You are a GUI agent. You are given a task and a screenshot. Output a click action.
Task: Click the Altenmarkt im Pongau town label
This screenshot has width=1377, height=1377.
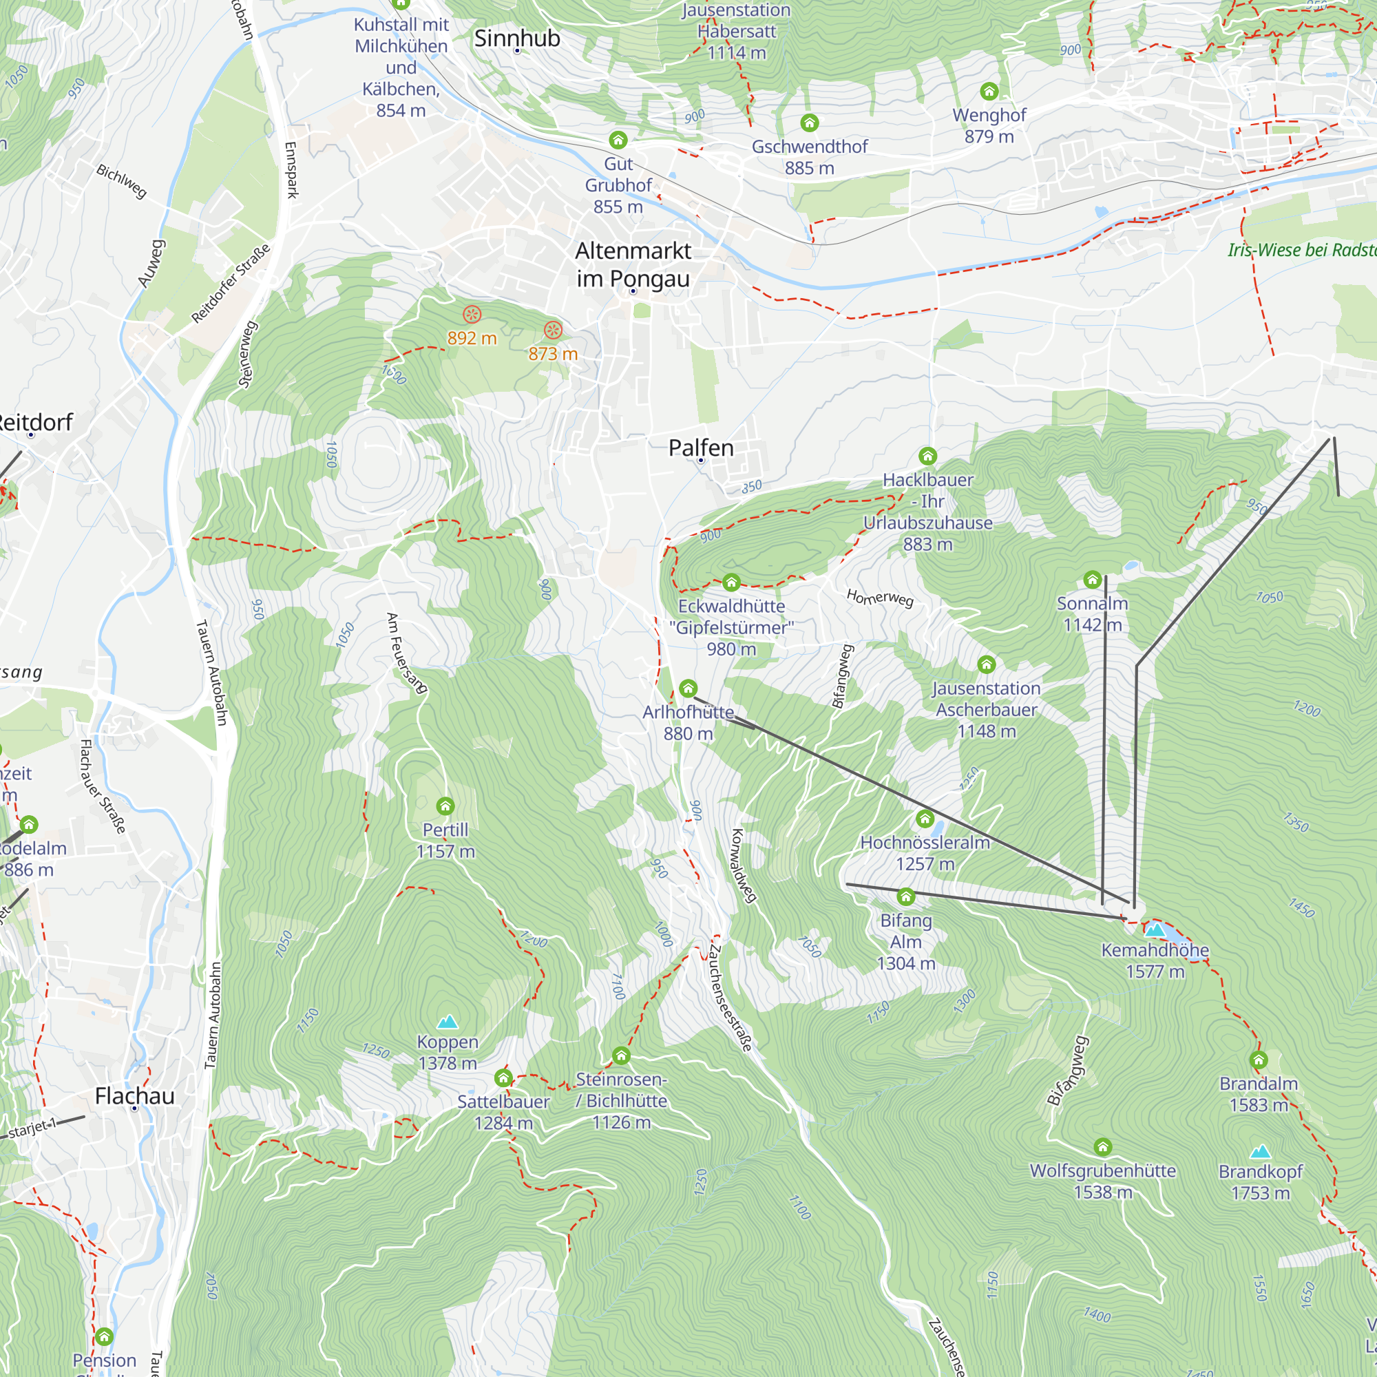tap(633, 264)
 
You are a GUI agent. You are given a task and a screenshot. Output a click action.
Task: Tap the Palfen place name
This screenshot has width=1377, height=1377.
tap(701, 448)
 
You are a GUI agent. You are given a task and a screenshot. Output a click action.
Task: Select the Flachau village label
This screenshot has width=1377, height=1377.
tap(135, 1095)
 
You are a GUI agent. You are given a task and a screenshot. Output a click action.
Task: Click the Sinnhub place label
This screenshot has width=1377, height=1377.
tap(517, 39)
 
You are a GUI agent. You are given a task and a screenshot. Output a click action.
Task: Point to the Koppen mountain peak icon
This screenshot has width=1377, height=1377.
tap(447, 1022)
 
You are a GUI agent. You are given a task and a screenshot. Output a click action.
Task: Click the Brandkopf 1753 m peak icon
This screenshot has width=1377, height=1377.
tap(1260, 1152)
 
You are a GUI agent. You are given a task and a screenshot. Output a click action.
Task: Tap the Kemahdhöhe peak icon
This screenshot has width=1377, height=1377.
tap(1155, 929)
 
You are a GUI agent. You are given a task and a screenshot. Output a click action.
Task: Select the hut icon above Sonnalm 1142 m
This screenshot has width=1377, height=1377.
tap(1092, 580)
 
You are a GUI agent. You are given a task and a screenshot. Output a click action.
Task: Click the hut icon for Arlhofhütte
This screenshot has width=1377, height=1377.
tap(688, 688)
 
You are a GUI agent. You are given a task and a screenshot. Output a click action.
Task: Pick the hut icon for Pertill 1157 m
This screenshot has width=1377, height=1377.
tap(445, 806)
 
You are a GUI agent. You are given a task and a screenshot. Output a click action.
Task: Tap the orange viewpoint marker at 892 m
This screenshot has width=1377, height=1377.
tap(472, 315)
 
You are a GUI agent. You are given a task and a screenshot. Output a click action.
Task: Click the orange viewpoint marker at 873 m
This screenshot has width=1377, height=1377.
tap(553, 330)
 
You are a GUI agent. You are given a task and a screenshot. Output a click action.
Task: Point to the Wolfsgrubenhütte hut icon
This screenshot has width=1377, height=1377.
tap(1102, 1147)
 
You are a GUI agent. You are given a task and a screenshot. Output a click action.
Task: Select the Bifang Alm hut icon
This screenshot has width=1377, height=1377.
tap(905, 896)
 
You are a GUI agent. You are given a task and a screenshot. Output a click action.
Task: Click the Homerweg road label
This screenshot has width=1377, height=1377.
tap(879, 598)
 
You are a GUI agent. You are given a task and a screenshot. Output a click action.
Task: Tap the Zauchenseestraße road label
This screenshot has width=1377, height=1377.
tap(730, 998)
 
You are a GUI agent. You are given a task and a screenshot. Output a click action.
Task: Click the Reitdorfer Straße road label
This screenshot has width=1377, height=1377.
tap(231, 283)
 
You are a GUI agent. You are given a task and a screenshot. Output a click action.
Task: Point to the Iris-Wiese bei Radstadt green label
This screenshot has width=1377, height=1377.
tap(1301, 250)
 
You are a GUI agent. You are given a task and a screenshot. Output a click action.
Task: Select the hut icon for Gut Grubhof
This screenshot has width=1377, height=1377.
tap(618, 140)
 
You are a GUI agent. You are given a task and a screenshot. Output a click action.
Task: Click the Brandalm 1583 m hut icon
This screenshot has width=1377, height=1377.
tap(1258, 1060)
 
